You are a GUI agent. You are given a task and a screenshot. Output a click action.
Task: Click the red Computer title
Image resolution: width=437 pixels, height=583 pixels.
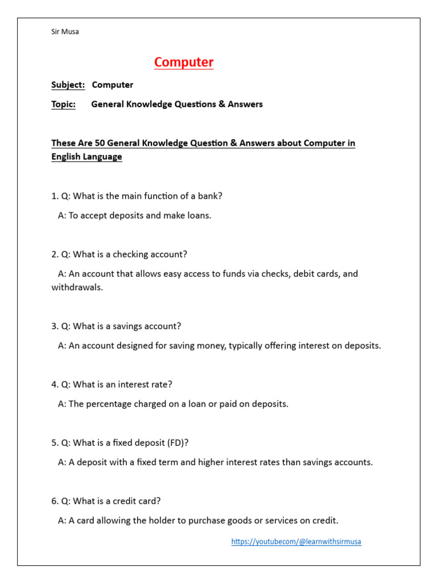coord(184,62)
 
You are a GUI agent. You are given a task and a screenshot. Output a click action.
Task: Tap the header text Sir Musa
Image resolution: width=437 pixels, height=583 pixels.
coord(65,32)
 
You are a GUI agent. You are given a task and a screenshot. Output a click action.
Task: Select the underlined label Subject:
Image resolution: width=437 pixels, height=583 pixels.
coord(68,85)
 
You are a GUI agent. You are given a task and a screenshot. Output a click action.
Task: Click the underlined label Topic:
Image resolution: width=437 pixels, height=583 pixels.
coord(63,104)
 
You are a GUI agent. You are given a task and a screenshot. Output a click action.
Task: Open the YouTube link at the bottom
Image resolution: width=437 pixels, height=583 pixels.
coord(296,541)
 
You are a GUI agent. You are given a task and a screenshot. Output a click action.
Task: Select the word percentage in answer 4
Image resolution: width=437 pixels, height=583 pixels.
coord(111,404)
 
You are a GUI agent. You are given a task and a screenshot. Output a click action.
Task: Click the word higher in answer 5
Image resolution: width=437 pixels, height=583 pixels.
coord(211,462)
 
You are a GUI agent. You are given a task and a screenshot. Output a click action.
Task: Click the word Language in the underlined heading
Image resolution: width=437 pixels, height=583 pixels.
coord(102,157)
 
